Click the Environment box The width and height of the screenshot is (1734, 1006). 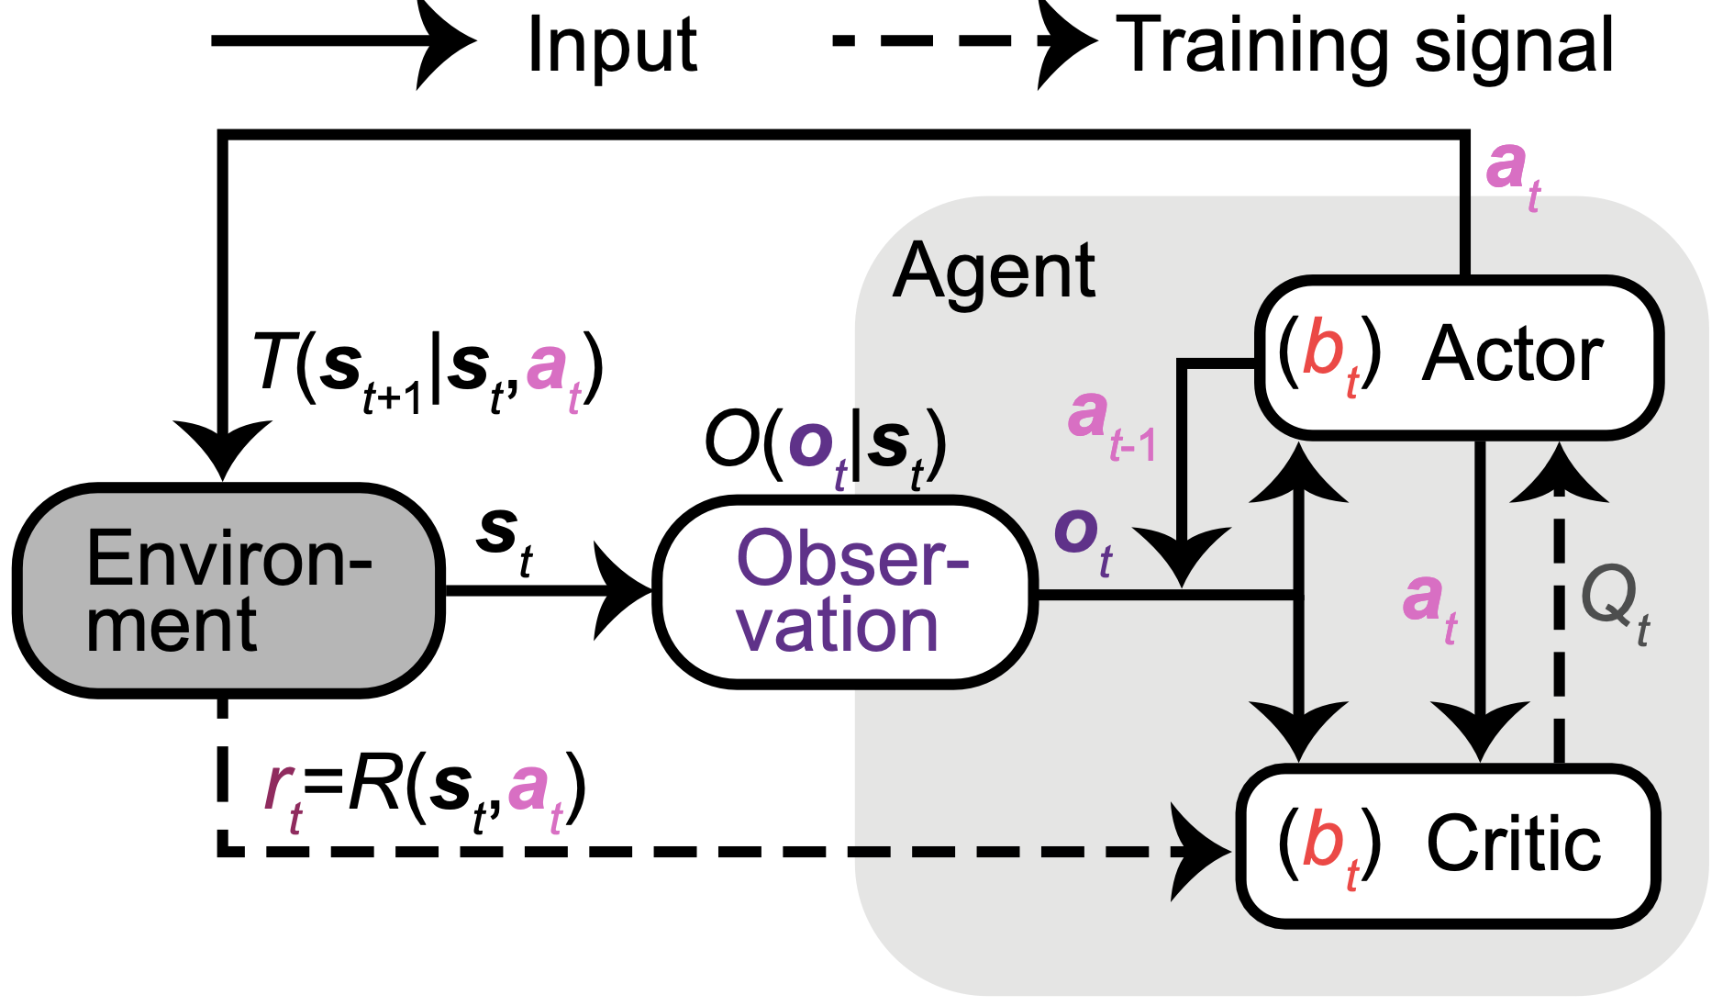228,590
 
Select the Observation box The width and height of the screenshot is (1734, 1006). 844,592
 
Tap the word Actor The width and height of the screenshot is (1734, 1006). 1511,355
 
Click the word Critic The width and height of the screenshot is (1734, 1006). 1513,844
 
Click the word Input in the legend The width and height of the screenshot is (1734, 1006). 612,46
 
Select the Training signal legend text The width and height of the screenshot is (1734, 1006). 1364,46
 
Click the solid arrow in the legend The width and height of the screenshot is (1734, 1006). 339,41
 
